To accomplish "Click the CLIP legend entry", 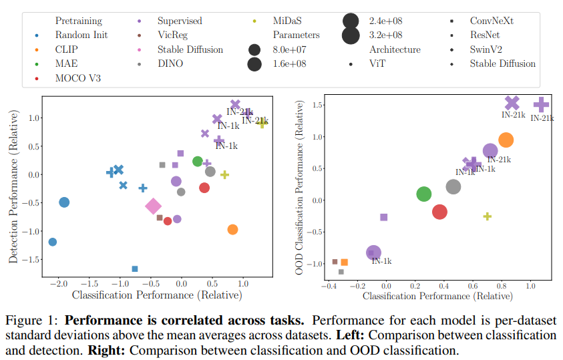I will pyautogui.click(x=69, y=49).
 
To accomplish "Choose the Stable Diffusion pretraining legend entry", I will pyautogui.click(x=190, y=49).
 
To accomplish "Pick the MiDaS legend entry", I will pyautogui.click(x=291, y=21).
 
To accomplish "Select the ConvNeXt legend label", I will pyautogui.click(x=492, y=21).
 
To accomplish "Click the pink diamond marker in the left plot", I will pyautogui.click(x=153, y=206).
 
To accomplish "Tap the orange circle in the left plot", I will pyautogui.click(x=232, y=229).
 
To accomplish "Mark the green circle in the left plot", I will pyautogui.click(x=198, y=161).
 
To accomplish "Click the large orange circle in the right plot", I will pyautogui.click(x=506, y=140).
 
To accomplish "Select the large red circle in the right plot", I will pyautogui.click(x=439, y=212).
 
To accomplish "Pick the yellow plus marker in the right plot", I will pyautogui.click(x=488, y=216).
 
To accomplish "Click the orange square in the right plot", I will pyautogui.click(x=344, y=262).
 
